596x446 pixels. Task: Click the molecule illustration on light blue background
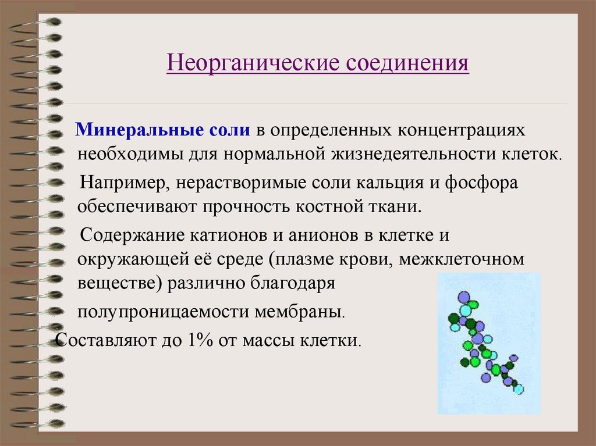click(x=489, y=344)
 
